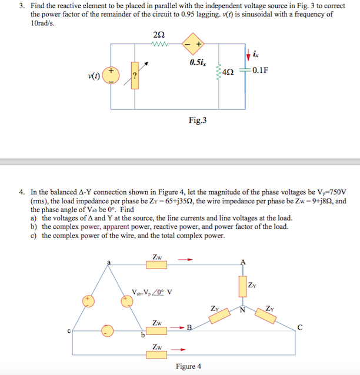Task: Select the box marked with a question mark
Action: [135, 75]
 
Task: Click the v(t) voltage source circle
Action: [111, 76]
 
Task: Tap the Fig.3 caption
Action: [198, 120]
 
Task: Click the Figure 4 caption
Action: [188, 366]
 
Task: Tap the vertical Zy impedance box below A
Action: [243, 287]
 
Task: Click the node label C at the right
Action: [301, 328]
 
